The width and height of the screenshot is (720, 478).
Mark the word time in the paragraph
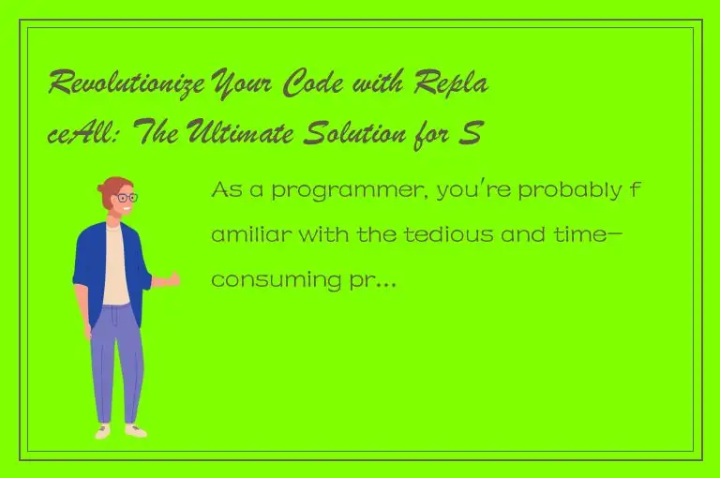point(572,235)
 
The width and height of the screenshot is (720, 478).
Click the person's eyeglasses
point(124,199)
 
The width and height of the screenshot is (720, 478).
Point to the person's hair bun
point(101,188)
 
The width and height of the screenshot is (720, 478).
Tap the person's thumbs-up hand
point(172,278)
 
